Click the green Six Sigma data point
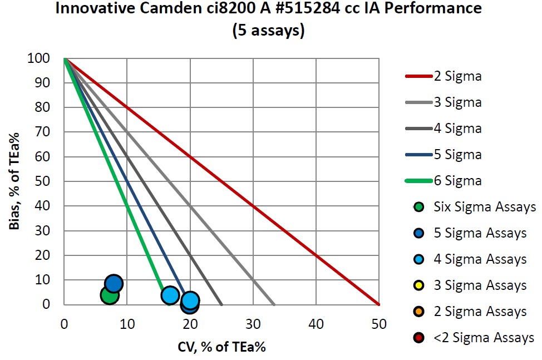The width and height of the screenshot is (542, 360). pyautogui.click(x=110, y=295)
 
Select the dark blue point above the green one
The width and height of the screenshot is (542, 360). pyautogui.click(x=114, y=284)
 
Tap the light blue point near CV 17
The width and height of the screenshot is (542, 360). pyautogui.click(x=170, y=295)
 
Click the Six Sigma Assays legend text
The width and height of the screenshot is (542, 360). pyautogui.click(x=484, y=207)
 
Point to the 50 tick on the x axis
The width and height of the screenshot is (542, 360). pyautogui.click(x=379, y=322)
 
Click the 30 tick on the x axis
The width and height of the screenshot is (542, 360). pyautogui.click(x=253, y=322)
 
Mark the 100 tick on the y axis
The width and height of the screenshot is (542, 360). pyautogui.click(x=42, y=58)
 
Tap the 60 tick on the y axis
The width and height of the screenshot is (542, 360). pyautogui.click(x=45, y=157)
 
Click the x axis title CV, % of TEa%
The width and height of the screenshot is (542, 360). pyautogui.click(x=221, y=347)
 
